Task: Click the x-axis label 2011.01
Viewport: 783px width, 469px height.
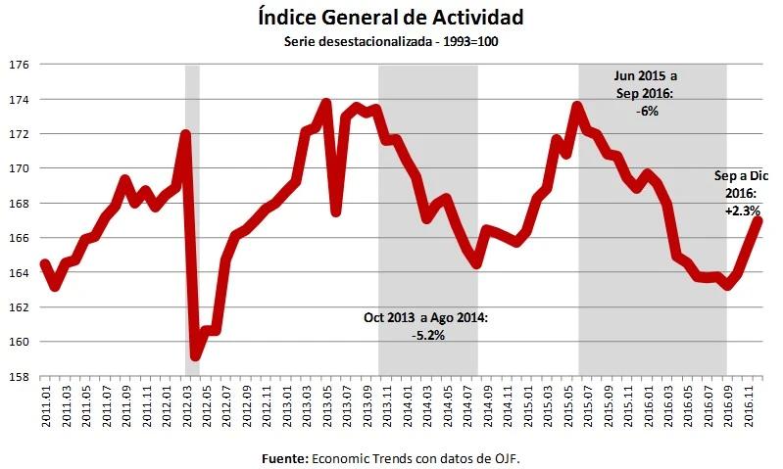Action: (x=45, y=403)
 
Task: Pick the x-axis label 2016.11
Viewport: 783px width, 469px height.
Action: (x=749, y=403)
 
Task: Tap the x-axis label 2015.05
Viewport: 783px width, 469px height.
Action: (x=568, y=403)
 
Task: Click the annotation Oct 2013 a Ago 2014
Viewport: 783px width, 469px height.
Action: (x=425, y=318)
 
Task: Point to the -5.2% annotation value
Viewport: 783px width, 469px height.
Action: (x=428, y=335)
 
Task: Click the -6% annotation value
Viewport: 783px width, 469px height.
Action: (x=646, y=111)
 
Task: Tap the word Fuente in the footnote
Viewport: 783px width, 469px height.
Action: (x=284, y=457)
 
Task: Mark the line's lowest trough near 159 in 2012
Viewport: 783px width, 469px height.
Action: (x=195, y=355)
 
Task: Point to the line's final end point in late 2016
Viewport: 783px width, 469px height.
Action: (x=759, y=220)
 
